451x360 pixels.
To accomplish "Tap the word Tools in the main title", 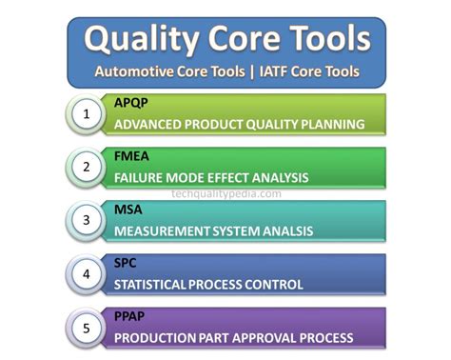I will pos(322,39).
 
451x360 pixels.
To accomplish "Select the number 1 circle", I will pos(87,115).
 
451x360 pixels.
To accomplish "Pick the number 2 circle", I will pos(87,169).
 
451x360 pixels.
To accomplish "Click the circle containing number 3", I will pos(87,221).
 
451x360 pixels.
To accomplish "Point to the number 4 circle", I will pos(87,274).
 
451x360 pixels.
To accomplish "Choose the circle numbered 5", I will pos(87,329).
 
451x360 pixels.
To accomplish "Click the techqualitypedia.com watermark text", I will pos(226,193).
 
